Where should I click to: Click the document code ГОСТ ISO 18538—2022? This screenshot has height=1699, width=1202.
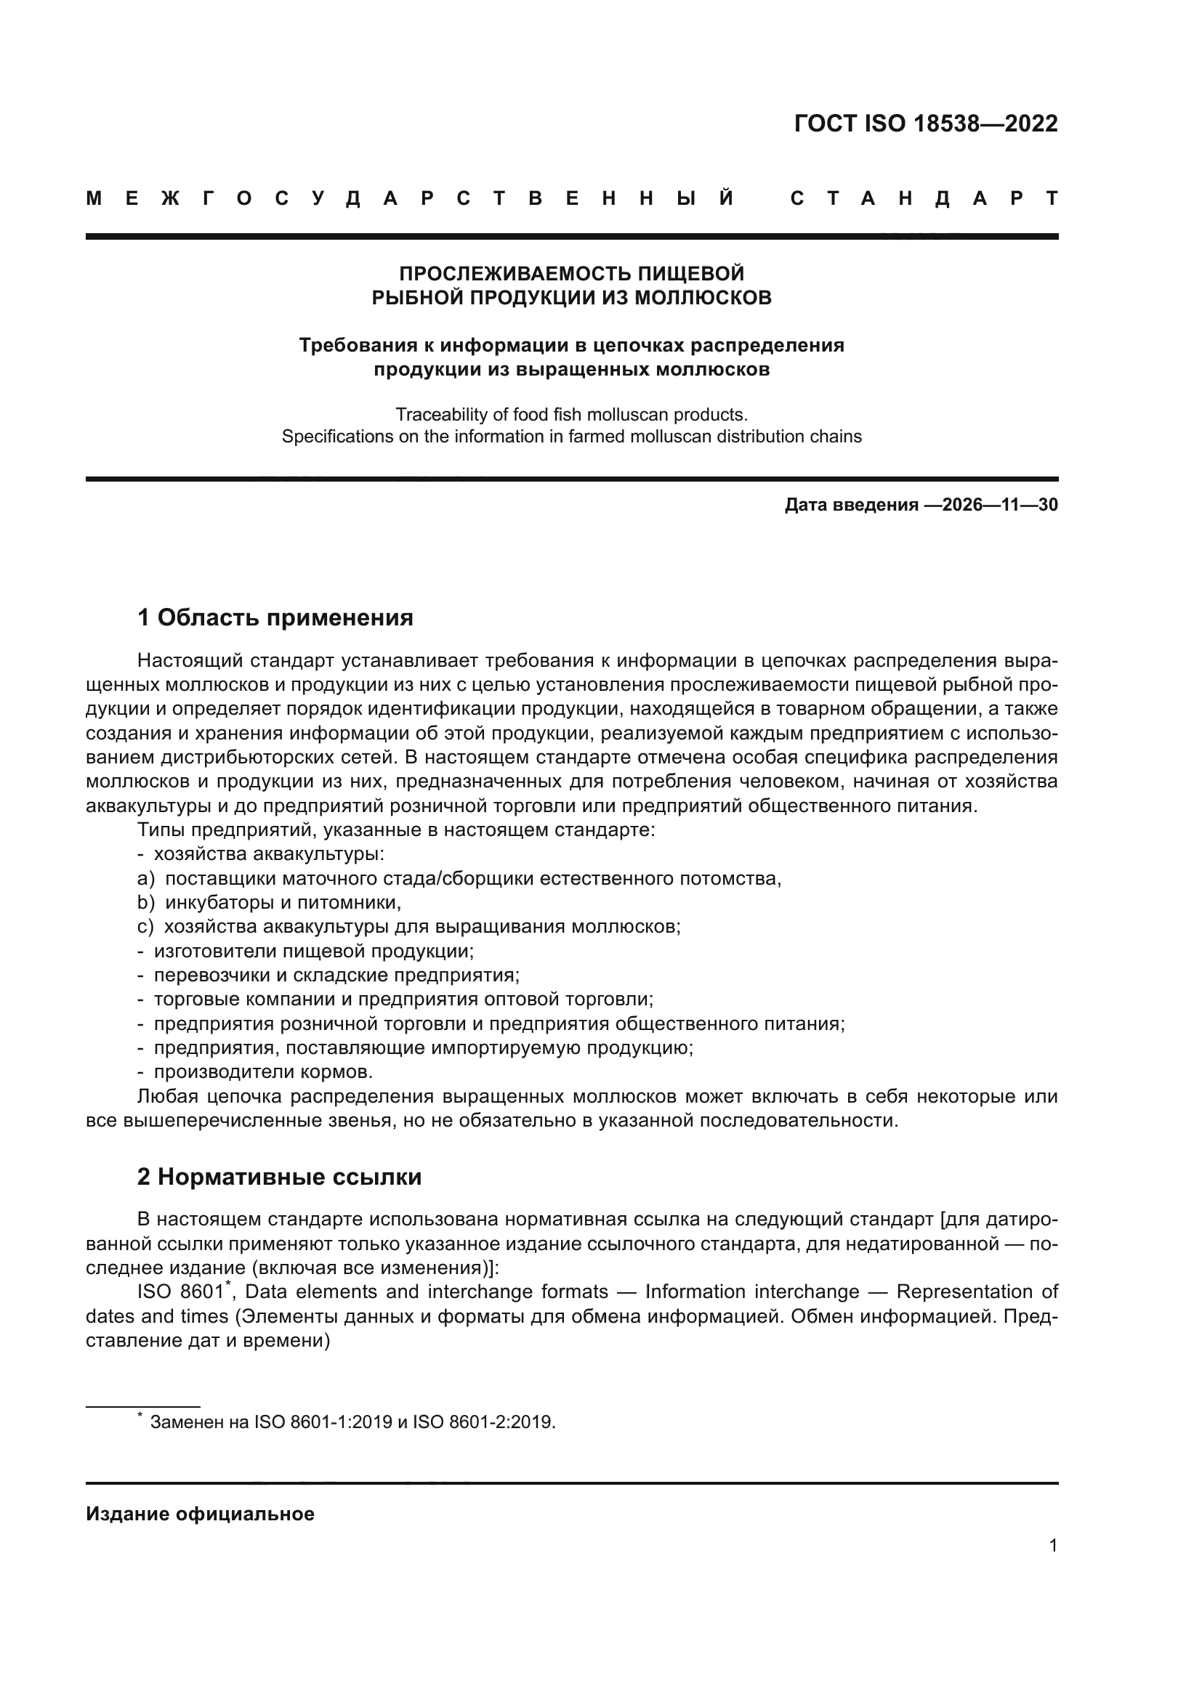(925, 123)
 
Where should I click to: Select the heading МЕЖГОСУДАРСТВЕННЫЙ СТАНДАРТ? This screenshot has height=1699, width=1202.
(571, 198)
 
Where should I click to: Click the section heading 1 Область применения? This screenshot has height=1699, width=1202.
(275, 617)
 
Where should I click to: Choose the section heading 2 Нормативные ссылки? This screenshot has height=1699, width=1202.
(280, 1177)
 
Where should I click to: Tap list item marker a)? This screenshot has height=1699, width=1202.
(146, 878)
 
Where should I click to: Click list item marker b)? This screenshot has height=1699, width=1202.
(146, 903)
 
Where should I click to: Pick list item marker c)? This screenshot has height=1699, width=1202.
(145, 926)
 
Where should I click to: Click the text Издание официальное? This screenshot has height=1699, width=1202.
(200, 1514)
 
